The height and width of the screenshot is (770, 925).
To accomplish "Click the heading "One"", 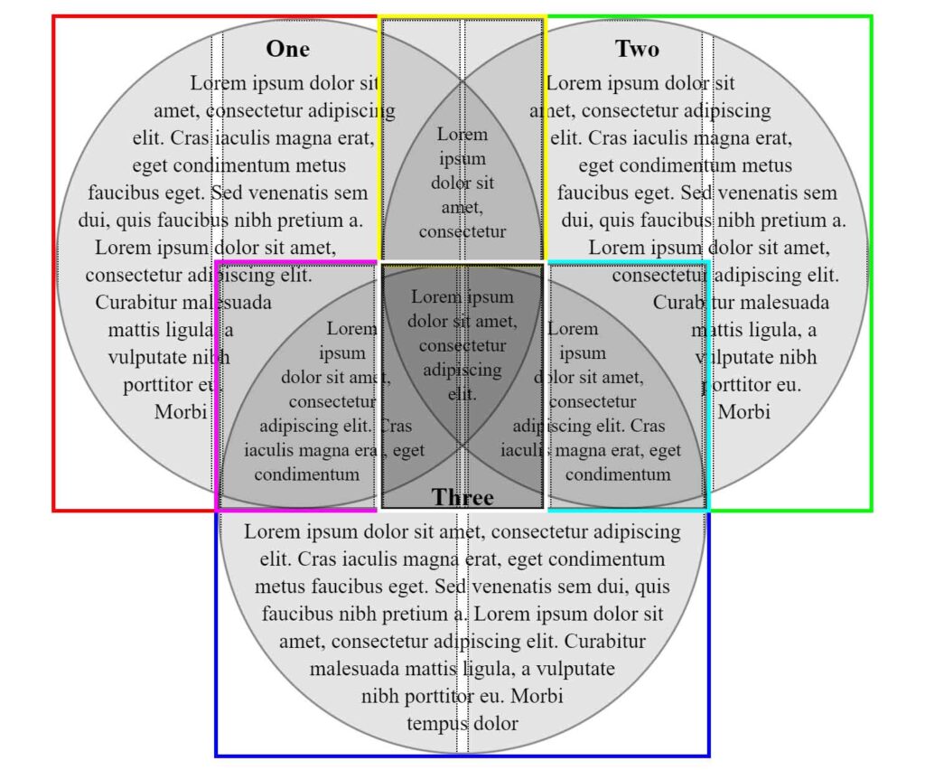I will click(x=287, y=49).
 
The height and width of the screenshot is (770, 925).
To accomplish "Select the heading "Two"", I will click(x=637, y=49).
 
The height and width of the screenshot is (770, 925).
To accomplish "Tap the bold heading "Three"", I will click(x=462, y=498).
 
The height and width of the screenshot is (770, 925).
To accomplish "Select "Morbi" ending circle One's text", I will click(x=181, y=412).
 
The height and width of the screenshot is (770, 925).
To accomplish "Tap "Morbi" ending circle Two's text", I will click(x=744, y=412).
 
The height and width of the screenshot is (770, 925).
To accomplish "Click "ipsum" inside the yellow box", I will click(x=462, y=158).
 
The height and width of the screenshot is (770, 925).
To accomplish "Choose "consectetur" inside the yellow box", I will click(x=462, y=231).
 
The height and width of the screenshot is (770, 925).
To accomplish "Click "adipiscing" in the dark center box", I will click(x=462, y=370).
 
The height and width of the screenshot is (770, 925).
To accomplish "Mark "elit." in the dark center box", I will click(x=462, y=394).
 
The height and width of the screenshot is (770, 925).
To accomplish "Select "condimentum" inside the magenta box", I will click(x=307, y=474).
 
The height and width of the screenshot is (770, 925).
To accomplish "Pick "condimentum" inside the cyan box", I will click(x=618, y=474).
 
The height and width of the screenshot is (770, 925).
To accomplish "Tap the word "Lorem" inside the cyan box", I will click(x=573, y=329).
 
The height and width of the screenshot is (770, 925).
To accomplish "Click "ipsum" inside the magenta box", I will click(x=342, y=353).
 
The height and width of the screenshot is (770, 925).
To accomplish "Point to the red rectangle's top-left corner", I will click(x=54, y=16).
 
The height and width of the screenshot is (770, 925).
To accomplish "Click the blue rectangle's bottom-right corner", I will click(x=709, y=755).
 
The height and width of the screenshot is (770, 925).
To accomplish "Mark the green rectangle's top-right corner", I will click(x=872, y=16).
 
